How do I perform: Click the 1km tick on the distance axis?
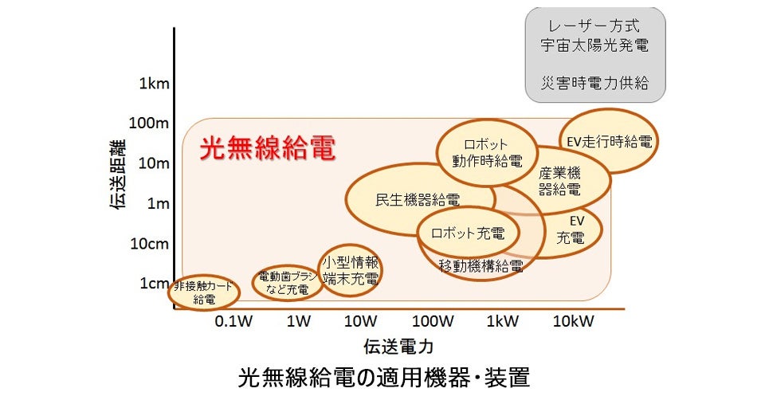click(x=151, y=84)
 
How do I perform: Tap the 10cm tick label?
click(x=148, y=243)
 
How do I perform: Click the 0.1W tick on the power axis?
click(x=233, y=321)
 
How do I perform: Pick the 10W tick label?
click(x=360, y=321)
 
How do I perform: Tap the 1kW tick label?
click(x=502, y=321)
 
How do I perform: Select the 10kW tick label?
click(x=572, y=321)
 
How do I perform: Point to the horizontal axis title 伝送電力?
click(x=398, y=347)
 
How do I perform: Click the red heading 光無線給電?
click(x=266, y=148)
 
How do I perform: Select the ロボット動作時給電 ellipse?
click(x=484, y=151)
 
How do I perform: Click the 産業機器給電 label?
click(x=559, y=181)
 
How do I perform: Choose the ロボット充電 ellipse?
click(x=468, y=233)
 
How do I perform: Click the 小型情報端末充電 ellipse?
click(x=350, y=270)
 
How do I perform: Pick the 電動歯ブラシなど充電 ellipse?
click(x=287, y=283)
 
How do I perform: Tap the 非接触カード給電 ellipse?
click(x=205, y=292)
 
